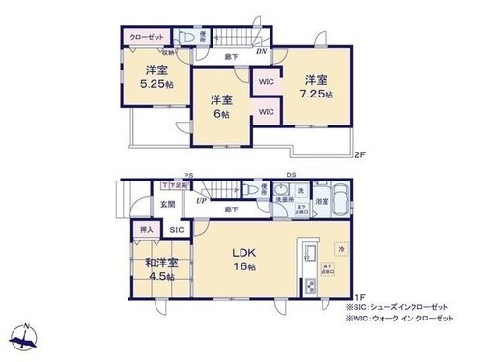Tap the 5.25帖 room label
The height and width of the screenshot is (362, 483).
tap(156, 77)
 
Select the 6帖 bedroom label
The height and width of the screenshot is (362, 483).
tap(221, 106)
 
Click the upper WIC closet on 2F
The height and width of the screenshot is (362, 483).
tap(267, 81)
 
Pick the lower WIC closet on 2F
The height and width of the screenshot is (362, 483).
tap(267, 112)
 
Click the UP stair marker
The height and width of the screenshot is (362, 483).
tap(201, 201)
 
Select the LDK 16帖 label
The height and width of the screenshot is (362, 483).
tap(242, 260)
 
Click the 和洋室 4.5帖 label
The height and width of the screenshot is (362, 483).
tap(161, 269)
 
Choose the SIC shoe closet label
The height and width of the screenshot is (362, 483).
tap(177, 231)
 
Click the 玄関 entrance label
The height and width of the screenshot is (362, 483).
tap(167, 205)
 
